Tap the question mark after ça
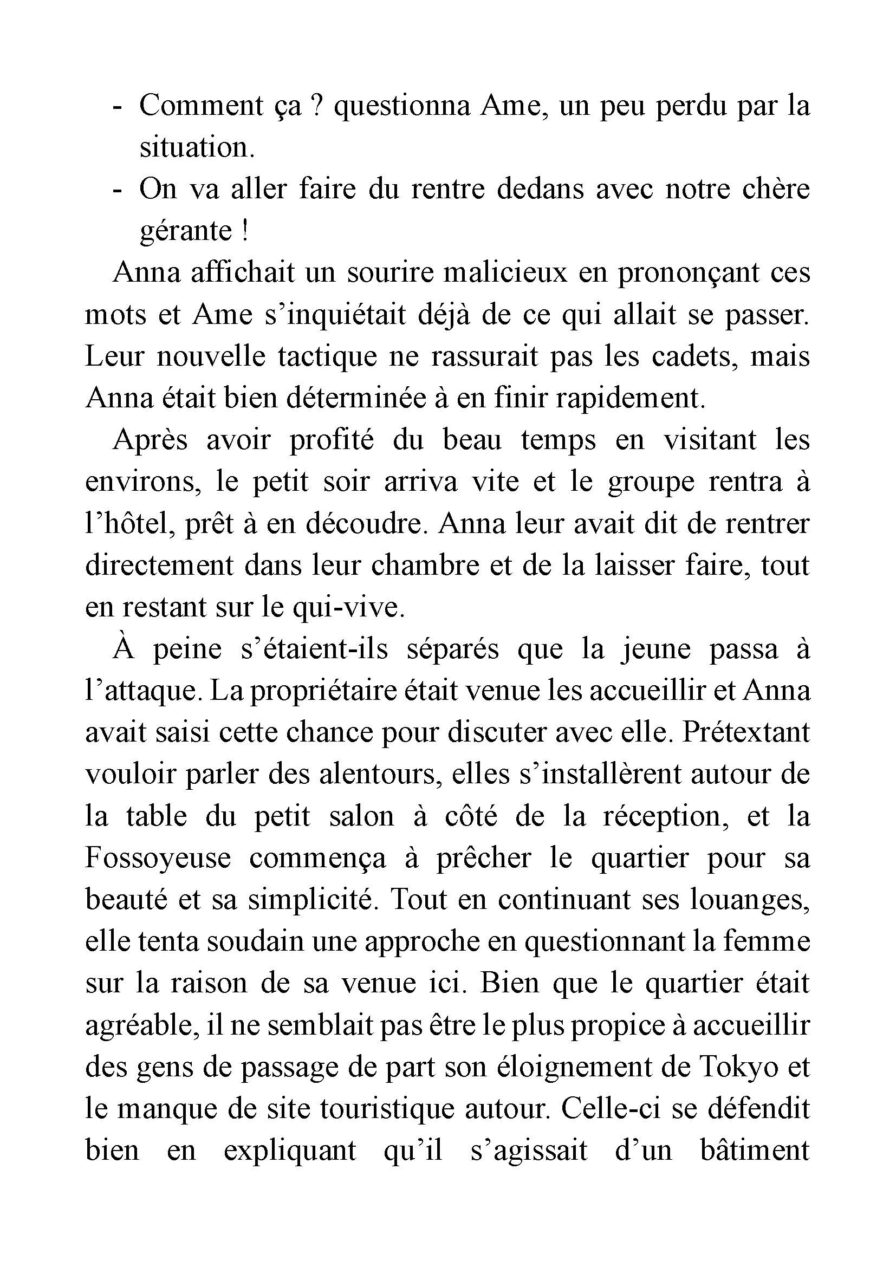[x=316, y=106]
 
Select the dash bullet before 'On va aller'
[x=116, y=190]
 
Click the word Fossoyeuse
[x=158, y=859]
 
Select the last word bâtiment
[x=754, y=1151]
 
